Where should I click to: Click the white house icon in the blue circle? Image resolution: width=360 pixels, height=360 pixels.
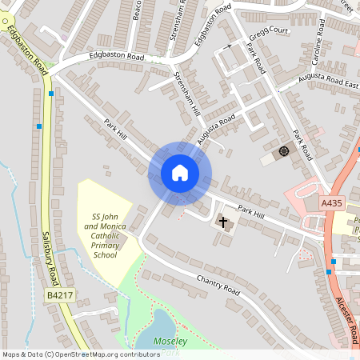[x=180, y=173]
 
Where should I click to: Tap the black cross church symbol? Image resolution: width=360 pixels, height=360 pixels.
[x=222, y=219]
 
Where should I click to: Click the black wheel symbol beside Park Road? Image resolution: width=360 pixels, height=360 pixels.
[x=282, y=151]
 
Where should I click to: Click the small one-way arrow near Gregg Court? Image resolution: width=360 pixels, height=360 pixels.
[x=227, y=46]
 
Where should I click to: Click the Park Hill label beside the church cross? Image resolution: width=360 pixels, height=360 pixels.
[x=250, y=212]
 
